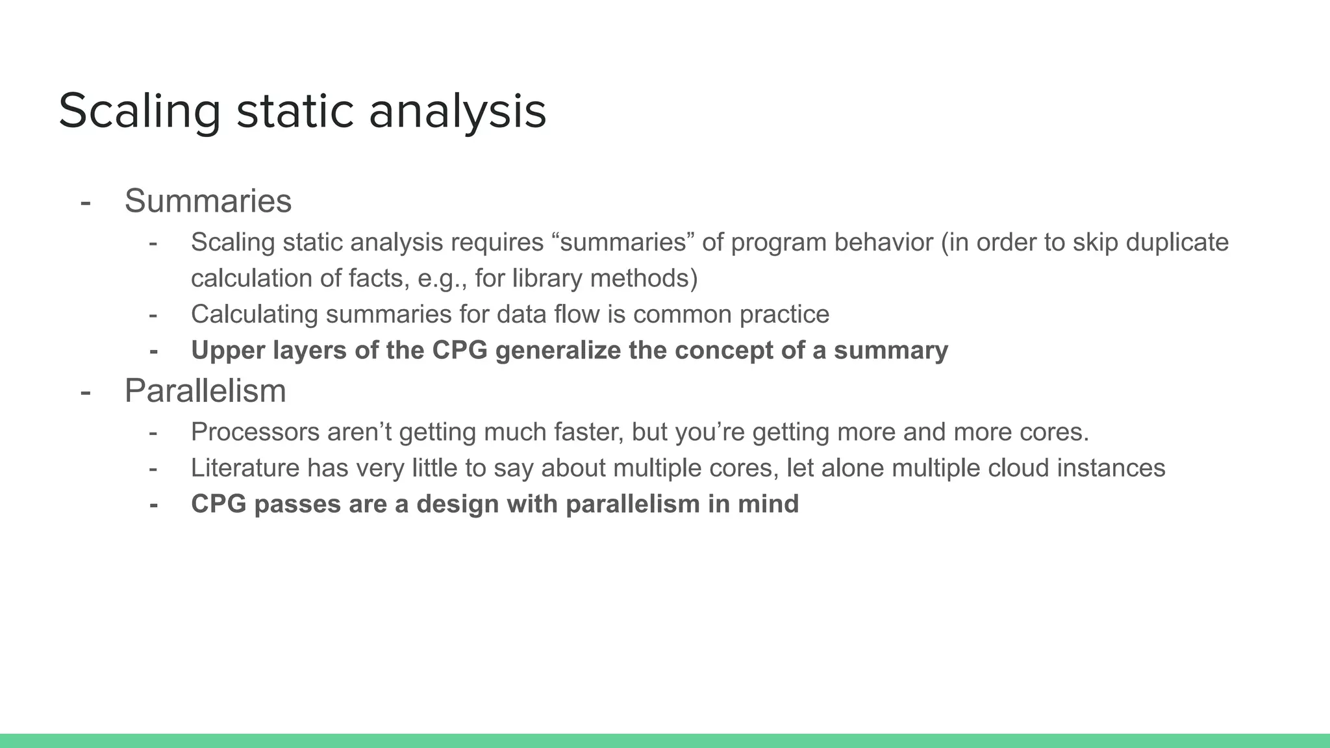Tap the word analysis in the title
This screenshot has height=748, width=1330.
457,112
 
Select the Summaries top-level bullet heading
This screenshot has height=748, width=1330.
208,201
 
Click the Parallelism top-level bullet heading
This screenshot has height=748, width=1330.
205,391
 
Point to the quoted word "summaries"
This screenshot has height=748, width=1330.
623,242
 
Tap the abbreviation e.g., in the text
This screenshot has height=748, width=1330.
442,278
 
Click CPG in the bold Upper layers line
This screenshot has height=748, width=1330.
459,351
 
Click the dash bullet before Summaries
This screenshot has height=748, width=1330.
85,202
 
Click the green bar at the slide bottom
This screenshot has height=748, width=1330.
665,741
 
